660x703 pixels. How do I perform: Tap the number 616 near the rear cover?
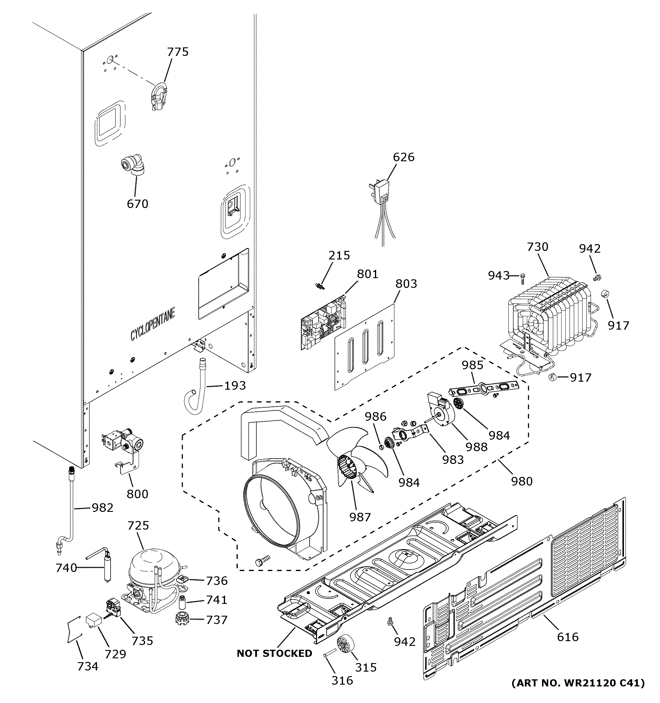(567, 637)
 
